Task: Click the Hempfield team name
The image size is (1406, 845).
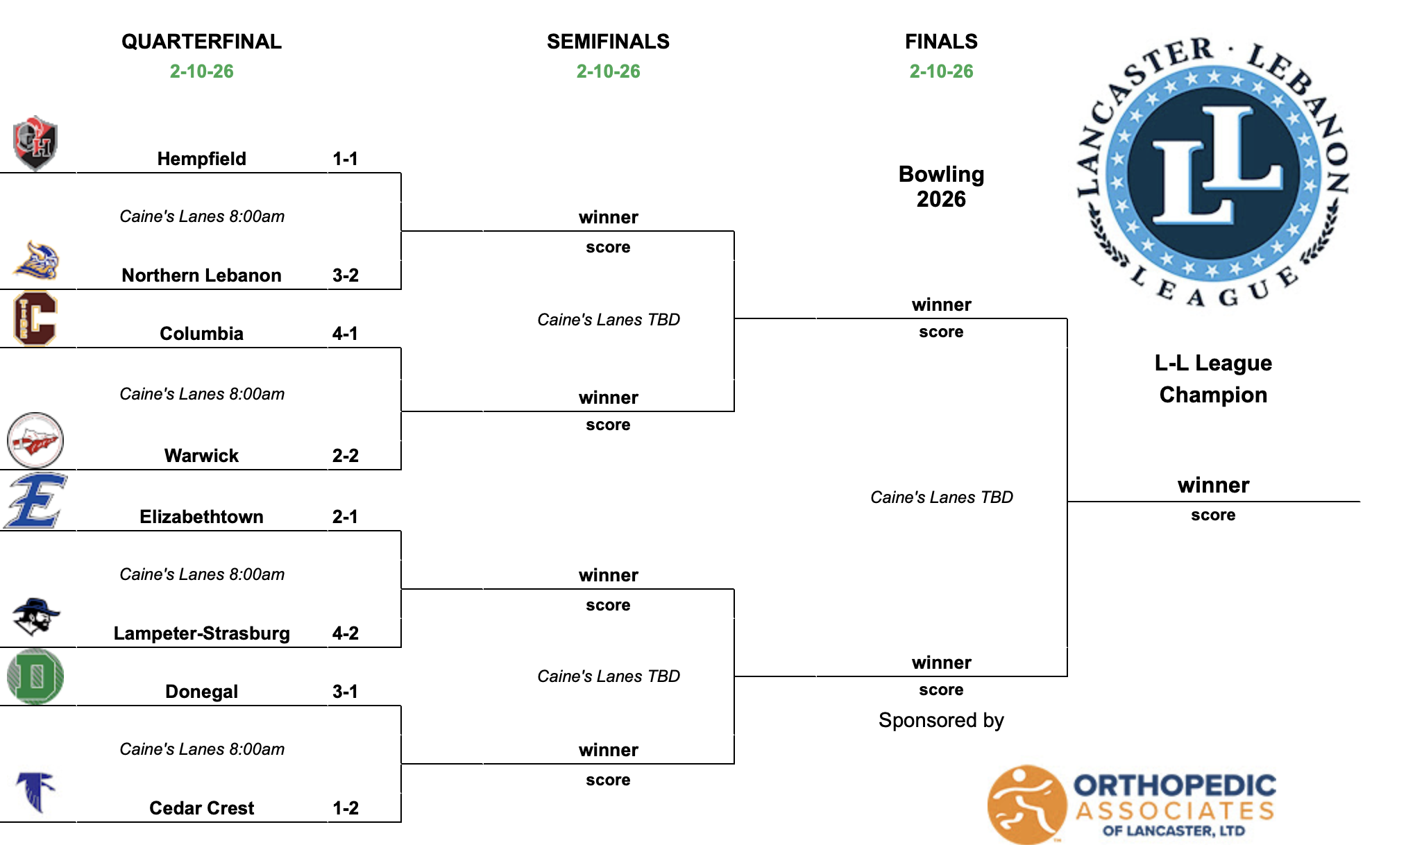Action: (x=201, y=159)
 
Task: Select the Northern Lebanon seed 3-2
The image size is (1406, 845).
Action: (x=345, y=275)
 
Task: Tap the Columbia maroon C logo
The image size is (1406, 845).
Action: (x=35, y=318)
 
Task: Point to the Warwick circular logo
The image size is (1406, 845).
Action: (x=35, y=441)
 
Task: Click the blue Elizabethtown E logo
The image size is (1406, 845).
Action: (x=35, y=500)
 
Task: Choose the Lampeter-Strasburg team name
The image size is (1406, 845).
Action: (x=201, y=633)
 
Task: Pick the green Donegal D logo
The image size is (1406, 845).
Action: (x=35, y=676)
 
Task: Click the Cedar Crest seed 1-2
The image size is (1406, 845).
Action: (x=345, y=808)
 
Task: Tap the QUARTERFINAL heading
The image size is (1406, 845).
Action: (x=201, y=42)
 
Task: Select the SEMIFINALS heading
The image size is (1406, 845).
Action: (x=608, y=42)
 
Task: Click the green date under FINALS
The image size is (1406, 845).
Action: (x=941, y=71)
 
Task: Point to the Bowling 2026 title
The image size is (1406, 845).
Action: (x=941, y=187)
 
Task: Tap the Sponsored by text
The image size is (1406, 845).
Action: (x=941, y=720)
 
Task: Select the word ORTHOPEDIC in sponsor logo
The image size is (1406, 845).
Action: (x=1174, y=785)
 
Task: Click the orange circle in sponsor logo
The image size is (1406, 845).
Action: (x=1026, y=804)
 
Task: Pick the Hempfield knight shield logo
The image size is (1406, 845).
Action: (x=35, y=143)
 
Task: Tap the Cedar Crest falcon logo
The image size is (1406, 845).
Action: (x=35, y=791)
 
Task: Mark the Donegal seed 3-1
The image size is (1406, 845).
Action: (x=345, y=692)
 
